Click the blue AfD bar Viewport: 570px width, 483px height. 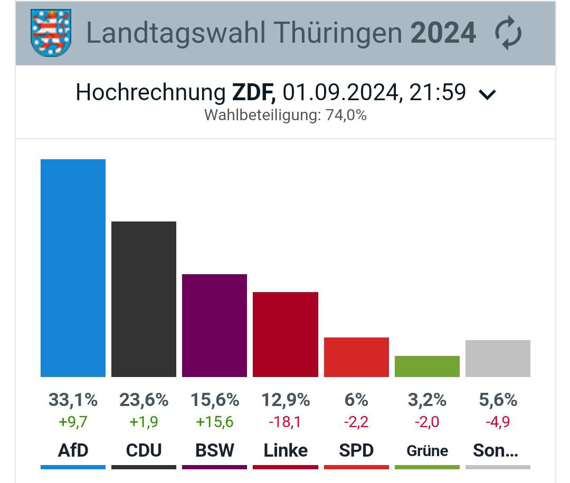click(73, 268)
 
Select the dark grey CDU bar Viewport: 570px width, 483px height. click(144, 299)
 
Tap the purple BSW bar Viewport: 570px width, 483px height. click(214, 325)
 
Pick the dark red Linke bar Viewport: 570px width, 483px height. click(285, 334)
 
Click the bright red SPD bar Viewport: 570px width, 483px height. click(356, 357)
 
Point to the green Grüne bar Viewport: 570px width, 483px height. click(427, 366)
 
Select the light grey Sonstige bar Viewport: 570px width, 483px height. click(498, 359)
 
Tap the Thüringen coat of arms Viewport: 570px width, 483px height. click(51, 33)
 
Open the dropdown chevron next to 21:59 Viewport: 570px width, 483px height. click(487, 94)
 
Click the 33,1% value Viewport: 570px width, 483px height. click(73, 400)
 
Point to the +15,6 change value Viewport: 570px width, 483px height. click(214, 422)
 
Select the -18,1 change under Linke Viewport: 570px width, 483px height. click(285, 422)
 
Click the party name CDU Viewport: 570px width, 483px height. click(144, 450)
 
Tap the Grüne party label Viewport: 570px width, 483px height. click(427, 451)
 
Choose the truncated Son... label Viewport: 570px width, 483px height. click(496, 450)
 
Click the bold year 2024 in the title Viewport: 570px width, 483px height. click(443, 33)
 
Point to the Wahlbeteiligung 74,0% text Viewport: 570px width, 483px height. click(285, 115)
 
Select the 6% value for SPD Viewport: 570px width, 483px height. click(356, 400)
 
